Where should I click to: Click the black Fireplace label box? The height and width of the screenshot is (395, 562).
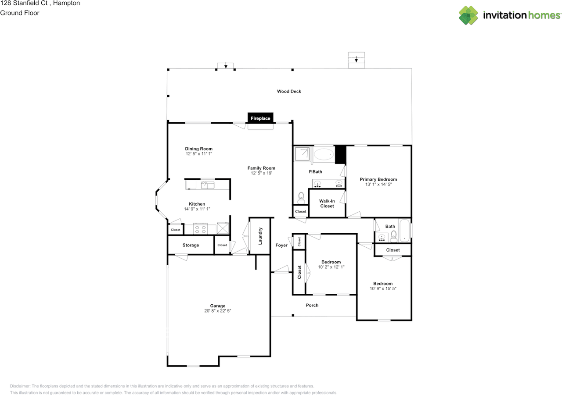(x=260, y=118)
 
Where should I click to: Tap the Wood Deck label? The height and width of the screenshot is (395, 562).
(x=289, y=92)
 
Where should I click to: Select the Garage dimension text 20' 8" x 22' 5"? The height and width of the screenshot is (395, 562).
(x=217, y=311)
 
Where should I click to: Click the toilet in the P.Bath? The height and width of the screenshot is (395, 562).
(x=301, y=198)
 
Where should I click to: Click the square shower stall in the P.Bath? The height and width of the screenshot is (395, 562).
(x=303, y=154)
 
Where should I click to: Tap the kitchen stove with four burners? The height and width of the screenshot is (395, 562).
(x=201, y=228)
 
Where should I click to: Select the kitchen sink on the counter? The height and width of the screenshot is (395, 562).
(x=207, y=185)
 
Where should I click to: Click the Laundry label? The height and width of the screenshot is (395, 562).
(x=260, y=235)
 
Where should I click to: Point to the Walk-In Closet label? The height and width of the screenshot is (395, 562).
(x=327, y=203)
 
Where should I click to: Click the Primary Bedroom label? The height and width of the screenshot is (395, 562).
(x=378, y=179)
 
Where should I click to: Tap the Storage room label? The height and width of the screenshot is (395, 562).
(x=191, y=245)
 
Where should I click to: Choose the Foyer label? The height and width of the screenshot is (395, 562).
(x=281, y=245)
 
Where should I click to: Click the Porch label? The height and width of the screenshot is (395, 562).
(x=312, y=305)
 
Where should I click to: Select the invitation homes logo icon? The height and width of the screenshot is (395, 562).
(x=468, y=15)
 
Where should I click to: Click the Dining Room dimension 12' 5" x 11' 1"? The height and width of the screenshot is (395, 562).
(x=198, y=154)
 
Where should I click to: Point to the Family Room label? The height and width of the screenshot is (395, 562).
(x=261, y=168)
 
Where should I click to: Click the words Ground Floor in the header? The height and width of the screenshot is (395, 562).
(x=20, y=13)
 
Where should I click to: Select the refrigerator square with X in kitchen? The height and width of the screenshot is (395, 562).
(x=223, y=228)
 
